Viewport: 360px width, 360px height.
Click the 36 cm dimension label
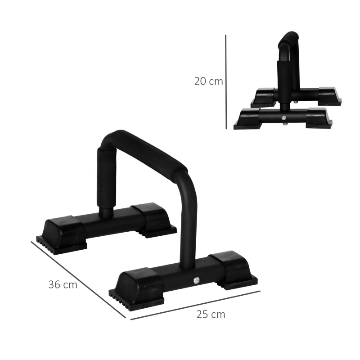click(63, 285)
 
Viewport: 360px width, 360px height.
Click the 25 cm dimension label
click(210, 314)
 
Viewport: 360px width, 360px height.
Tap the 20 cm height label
click(208, 81)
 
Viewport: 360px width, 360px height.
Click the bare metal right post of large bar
click(186, 225)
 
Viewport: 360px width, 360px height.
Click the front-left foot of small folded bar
click(248, 118)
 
